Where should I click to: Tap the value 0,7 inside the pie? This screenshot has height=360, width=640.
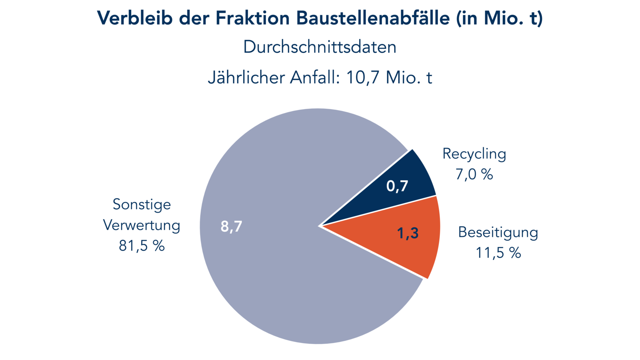tap(397, 186)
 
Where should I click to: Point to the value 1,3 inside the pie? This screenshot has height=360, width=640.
tap(408, 233)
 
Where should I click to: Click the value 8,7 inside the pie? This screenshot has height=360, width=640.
tap(231, 226)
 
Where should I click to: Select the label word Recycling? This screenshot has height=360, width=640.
tap(474, 154)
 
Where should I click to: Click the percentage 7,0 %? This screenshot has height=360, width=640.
tap(474, 174)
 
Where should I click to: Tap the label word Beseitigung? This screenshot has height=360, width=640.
tap(498, 232)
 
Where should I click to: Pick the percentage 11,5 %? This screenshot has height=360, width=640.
tap(498, 253)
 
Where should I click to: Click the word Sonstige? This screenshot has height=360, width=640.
tap(142, 205)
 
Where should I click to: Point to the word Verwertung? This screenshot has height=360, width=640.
tap(142, 225)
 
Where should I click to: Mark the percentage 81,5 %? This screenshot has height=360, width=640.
tap(142, 246)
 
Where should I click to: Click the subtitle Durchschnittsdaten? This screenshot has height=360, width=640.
tap(320, 47)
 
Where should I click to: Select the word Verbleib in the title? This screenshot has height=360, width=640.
tap(135, 18)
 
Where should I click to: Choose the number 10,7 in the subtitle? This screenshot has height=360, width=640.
tap(363, 78)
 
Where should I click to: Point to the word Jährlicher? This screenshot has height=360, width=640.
tap(246, 78)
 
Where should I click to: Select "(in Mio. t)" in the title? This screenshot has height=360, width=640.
tap(499, 18)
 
